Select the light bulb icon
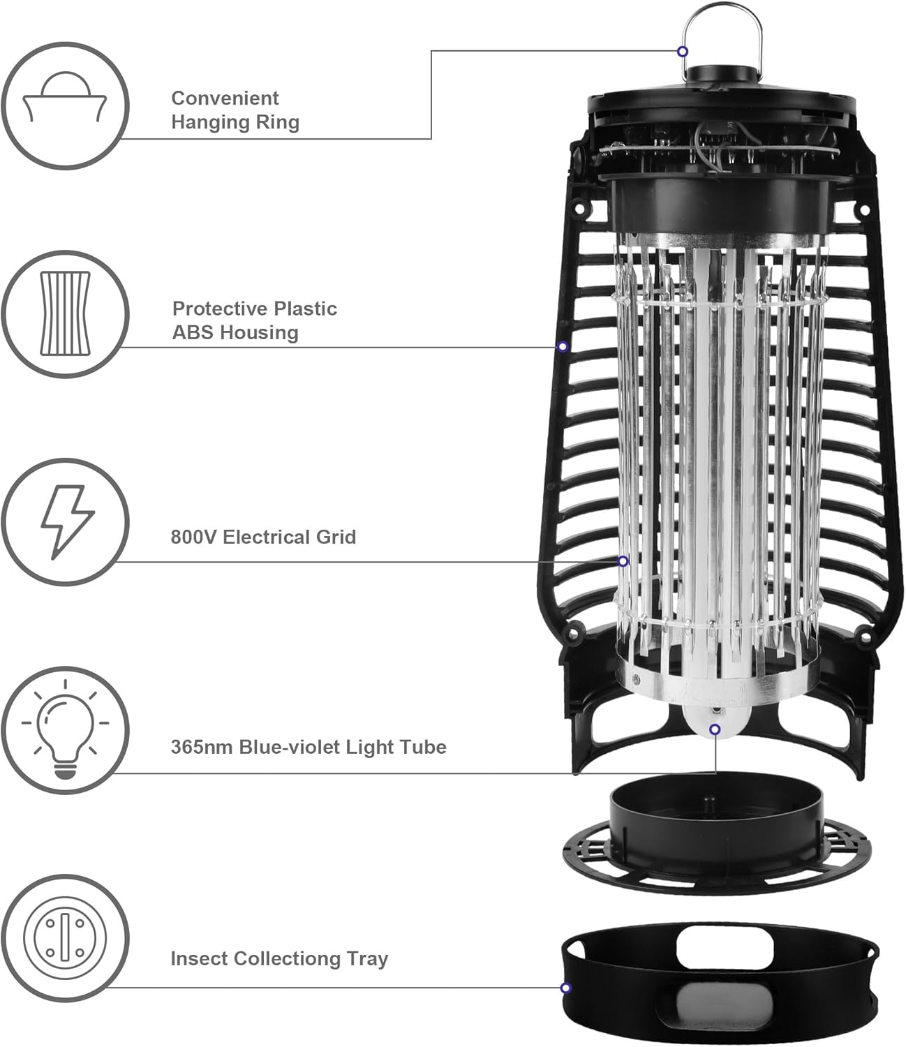tap(65, 730)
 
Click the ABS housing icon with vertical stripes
tap(65, 314)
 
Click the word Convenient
tap(225, 98)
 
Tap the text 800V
tap(193, 537)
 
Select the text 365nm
tap(202, 747)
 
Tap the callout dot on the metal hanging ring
tap(683, 51)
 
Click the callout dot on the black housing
tap(563, 346)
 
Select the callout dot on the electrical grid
tap(623, 561)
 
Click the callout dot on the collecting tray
tap(565, 988)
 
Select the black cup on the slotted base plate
tap(715, 813)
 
